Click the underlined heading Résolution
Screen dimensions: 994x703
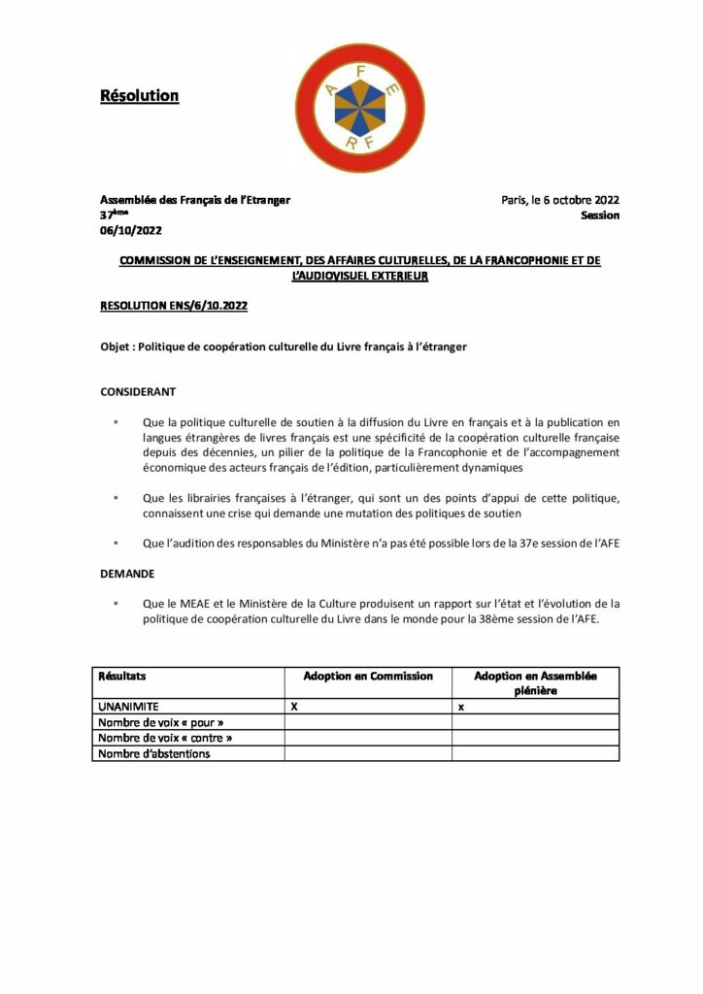pos(140,96)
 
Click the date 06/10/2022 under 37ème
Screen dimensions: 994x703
pos(131,231)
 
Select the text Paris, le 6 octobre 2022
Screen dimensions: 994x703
pos(560,200)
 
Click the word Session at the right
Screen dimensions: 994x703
pos(600,215)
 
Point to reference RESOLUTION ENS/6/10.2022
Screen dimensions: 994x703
pos(174,306)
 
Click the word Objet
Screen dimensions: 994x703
pos(117,347)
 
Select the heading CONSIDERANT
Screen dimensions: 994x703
pos(138,393)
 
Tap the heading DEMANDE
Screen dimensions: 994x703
pos(127,574)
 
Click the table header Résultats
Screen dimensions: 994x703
pos(123,676)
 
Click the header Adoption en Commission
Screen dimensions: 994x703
pos(368,676)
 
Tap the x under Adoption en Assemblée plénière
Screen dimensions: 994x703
pos(460,709)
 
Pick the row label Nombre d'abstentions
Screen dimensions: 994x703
pos(154,753)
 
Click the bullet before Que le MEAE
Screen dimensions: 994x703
pos(116,604)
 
